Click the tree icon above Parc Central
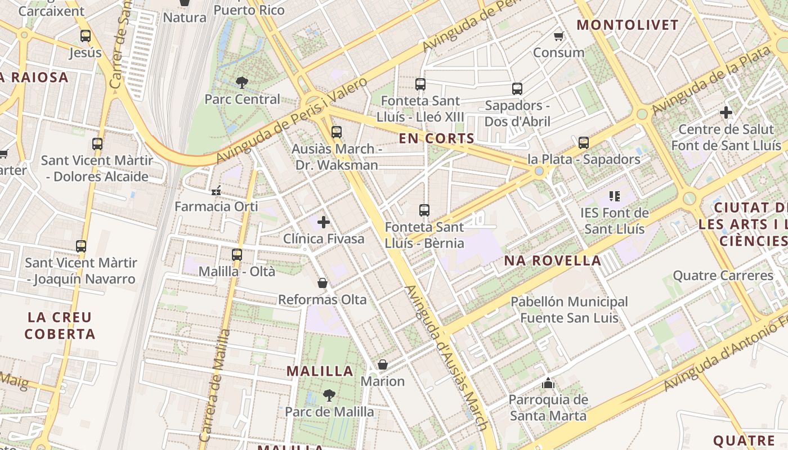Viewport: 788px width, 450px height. [242, 83]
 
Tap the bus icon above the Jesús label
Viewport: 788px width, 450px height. [85, 36]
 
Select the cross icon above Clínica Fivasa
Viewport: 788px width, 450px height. [324, 222]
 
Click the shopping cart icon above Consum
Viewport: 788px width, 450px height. [558, 36]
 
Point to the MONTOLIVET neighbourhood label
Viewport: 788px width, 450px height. [628, 25]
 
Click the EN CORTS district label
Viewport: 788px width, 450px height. [437, 138]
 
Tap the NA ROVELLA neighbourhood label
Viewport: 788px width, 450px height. [552, 260]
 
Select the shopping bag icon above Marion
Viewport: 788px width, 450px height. [383, 364]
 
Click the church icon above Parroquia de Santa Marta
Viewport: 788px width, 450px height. [548, 384]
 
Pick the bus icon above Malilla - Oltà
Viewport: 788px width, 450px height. [237, 254]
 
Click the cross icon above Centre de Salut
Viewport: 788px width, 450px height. [726, 112]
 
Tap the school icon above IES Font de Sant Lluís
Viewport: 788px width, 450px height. [614, 196]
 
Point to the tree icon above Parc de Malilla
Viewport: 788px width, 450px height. [329, 395]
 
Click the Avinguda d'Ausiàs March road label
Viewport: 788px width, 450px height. [445, 357]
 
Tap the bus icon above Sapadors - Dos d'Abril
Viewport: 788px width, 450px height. [517, 88]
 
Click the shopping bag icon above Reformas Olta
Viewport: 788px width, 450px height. [323, 282]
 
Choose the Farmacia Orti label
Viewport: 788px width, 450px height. [216, 206]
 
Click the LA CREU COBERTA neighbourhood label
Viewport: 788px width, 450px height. [60, 326]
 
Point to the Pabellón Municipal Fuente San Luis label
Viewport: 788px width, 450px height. [569, 310]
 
